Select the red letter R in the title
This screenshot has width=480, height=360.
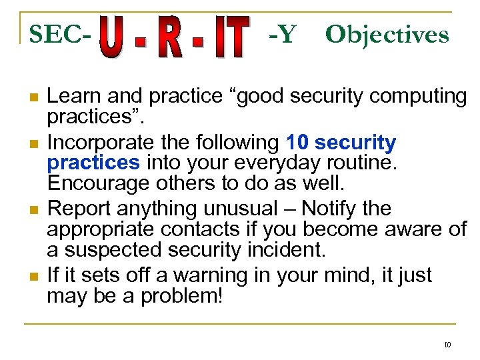tap(171, 39)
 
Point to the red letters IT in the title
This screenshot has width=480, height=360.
tap(227, 39)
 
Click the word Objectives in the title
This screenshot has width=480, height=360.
tap(387, 34)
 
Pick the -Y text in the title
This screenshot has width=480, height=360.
tap(282, 34)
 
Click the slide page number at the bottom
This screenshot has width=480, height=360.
tap(447, 345)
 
